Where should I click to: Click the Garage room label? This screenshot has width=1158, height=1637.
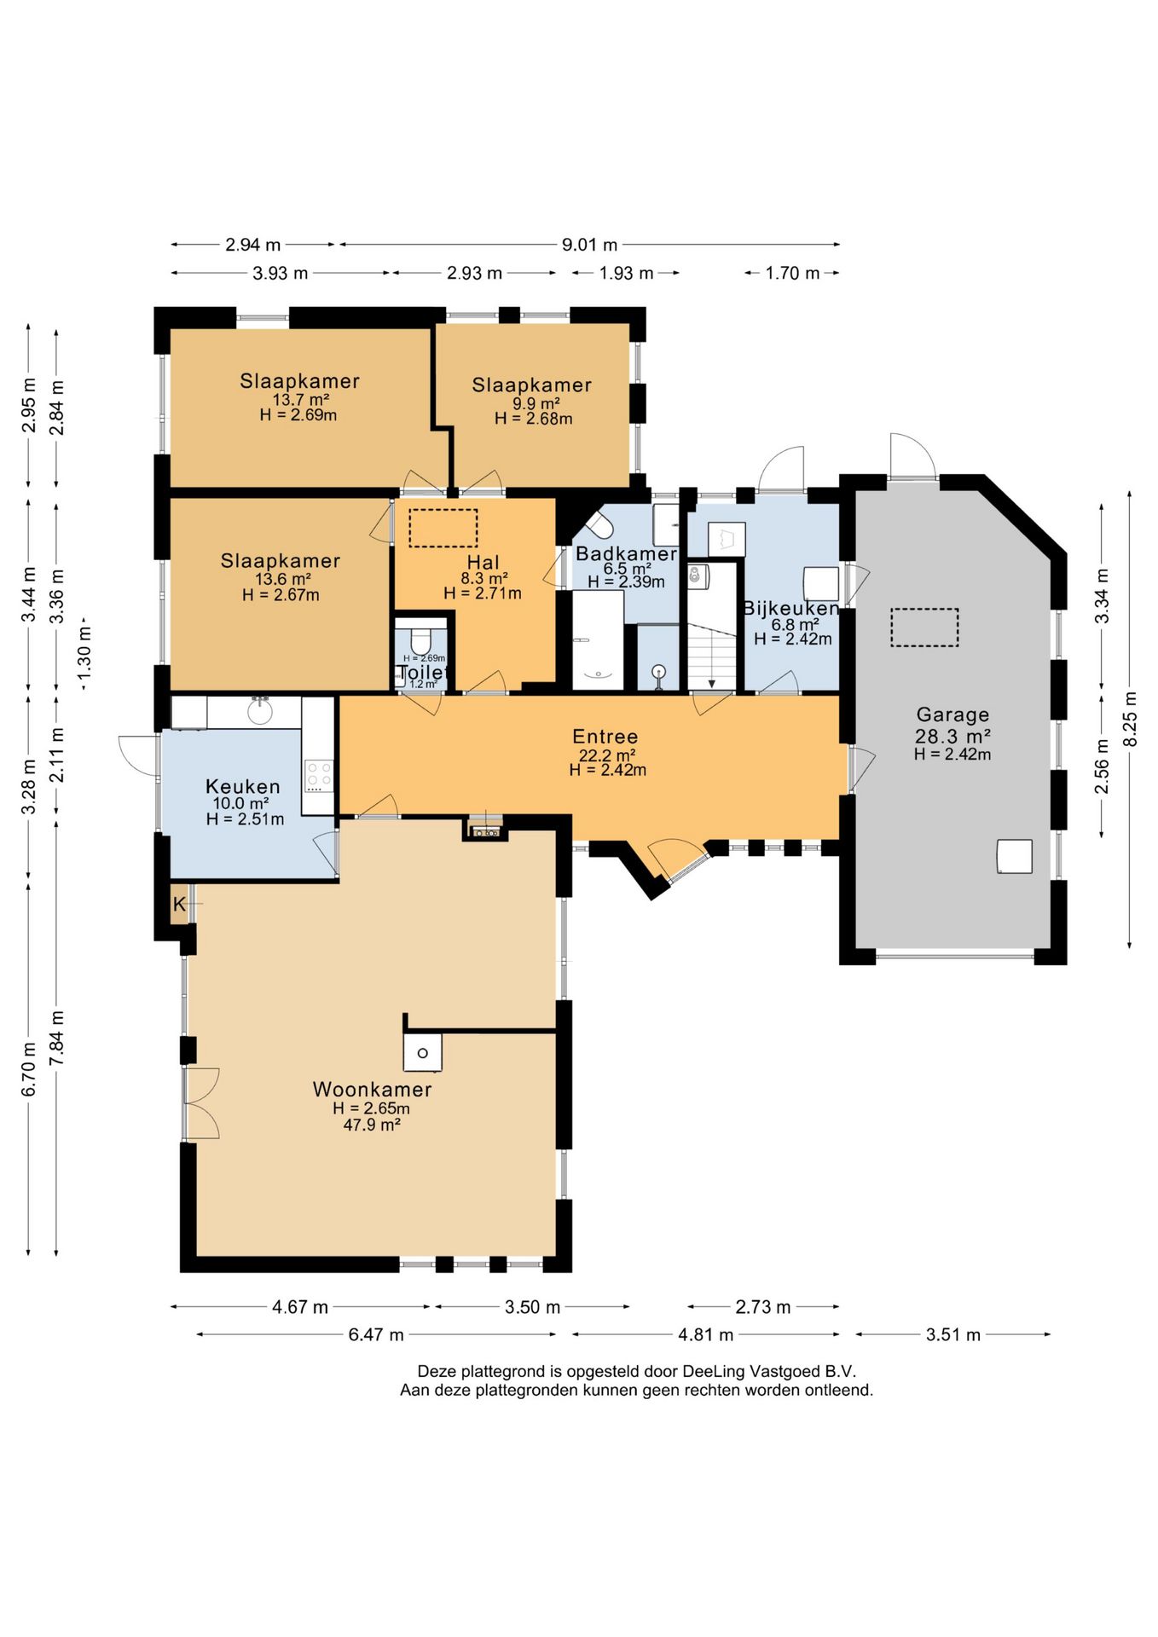point(952,715)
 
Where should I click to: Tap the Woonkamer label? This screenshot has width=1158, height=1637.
point(372,1089)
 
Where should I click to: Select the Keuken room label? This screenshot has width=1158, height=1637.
point(243,786)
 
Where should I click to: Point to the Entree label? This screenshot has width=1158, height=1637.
point(605,737)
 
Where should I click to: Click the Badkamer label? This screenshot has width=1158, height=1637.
point(627,554)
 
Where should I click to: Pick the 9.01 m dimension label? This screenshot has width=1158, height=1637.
point(589,245)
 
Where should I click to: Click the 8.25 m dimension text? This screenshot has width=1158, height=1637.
point(1130,718)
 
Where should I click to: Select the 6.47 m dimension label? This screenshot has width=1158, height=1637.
point(376,1334)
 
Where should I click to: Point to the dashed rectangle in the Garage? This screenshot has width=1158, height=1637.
point(924,627)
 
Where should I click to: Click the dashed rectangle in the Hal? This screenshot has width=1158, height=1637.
point(443,528)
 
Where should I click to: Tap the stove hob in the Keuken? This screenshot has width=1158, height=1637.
point(318,776)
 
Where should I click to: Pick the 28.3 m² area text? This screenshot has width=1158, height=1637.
point(952,737)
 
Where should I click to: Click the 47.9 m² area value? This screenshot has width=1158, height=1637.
point(372,1125)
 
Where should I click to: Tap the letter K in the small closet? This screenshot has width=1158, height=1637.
point(179,905)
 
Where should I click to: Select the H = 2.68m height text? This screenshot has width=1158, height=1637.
point(533,419)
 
